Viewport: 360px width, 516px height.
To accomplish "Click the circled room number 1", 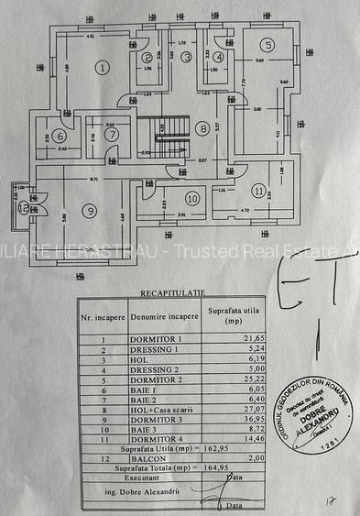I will point(103,66).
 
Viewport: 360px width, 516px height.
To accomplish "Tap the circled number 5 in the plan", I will point(267,45).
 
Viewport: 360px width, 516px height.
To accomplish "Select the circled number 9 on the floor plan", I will point(89,211).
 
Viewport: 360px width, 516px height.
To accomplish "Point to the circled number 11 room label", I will point(260,192).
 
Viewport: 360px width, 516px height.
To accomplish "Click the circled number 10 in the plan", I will point(192,198).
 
